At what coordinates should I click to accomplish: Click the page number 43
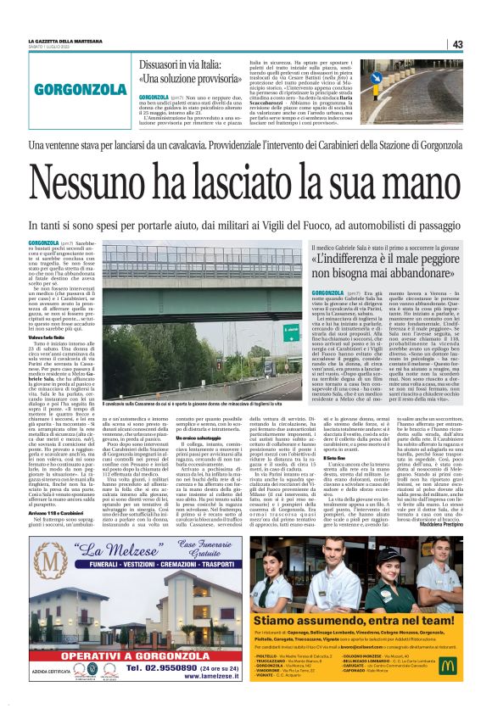[x=457, y=44]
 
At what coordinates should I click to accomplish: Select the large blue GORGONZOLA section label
[x=75, y=87]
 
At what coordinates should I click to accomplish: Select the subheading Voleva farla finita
[x=48, y=337]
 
